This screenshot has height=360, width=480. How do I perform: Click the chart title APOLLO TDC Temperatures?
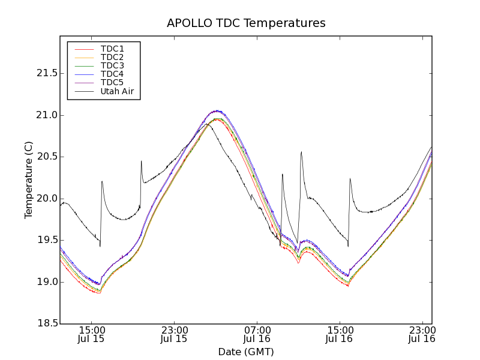(246, 23)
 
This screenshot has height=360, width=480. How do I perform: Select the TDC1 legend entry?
(112, 49)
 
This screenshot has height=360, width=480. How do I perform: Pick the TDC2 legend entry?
(112, 57)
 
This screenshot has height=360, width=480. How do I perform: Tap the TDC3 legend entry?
(112, 65)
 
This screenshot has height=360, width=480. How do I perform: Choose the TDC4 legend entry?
(112, 74)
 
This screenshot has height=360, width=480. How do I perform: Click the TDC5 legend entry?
(112, 83)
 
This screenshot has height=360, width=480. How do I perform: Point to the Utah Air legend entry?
(117, 92)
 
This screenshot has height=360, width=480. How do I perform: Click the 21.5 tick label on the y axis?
(46, 73)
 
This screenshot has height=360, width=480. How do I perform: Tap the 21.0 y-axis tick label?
(46, 115)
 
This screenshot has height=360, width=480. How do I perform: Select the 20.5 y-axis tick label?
(46, 157)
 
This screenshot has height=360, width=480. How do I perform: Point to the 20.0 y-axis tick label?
(46, 199)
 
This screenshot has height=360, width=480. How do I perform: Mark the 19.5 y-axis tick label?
(46, 240)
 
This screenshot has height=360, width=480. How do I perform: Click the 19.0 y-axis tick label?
(46, 282)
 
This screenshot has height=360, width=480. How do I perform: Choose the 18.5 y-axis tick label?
(46, 323)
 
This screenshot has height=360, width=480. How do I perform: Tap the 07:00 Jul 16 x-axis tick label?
(257, 334)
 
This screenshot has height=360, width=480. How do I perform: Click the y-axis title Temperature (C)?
(29, 180)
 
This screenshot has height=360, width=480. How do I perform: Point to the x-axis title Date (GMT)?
(246, 352)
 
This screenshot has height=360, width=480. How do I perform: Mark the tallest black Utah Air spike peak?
(301, 152)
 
